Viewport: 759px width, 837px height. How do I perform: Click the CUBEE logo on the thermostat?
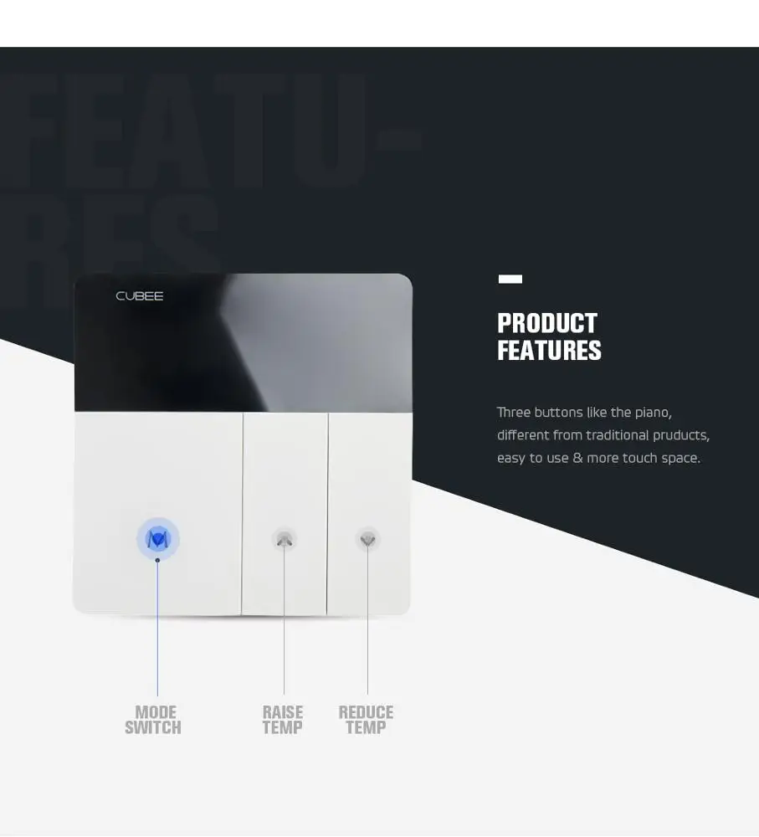(140, 296)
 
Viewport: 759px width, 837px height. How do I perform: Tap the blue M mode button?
(158, 539)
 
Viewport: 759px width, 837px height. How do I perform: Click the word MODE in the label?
(156, 712)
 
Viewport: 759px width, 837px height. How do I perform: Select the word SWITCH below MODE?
(153, 728)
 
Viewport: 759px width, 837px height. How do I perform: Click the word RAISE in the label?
(283, 712)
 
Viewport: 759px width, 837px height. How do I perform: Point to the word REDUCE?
(366, 712)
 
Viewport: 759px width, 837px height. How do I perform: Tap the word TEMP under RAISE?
(283, 728)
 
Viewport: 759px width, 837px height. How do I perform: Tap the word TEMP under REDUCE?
(366, 728)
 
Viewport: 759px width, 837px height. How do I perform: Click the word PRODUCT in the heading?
(547, 324)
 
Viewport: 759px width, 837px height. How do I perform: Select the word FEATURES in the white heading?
(549, 351)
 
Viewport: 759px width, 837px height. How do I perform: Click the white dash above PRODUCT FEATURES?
(510, 279)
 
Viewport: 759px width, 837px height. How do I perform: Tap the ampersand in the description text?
(577, 459)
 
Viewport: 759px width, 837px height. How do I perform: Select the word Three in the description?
(514, 413)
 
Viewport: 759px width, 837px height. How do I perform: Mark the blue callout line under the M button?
(157, 628)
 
